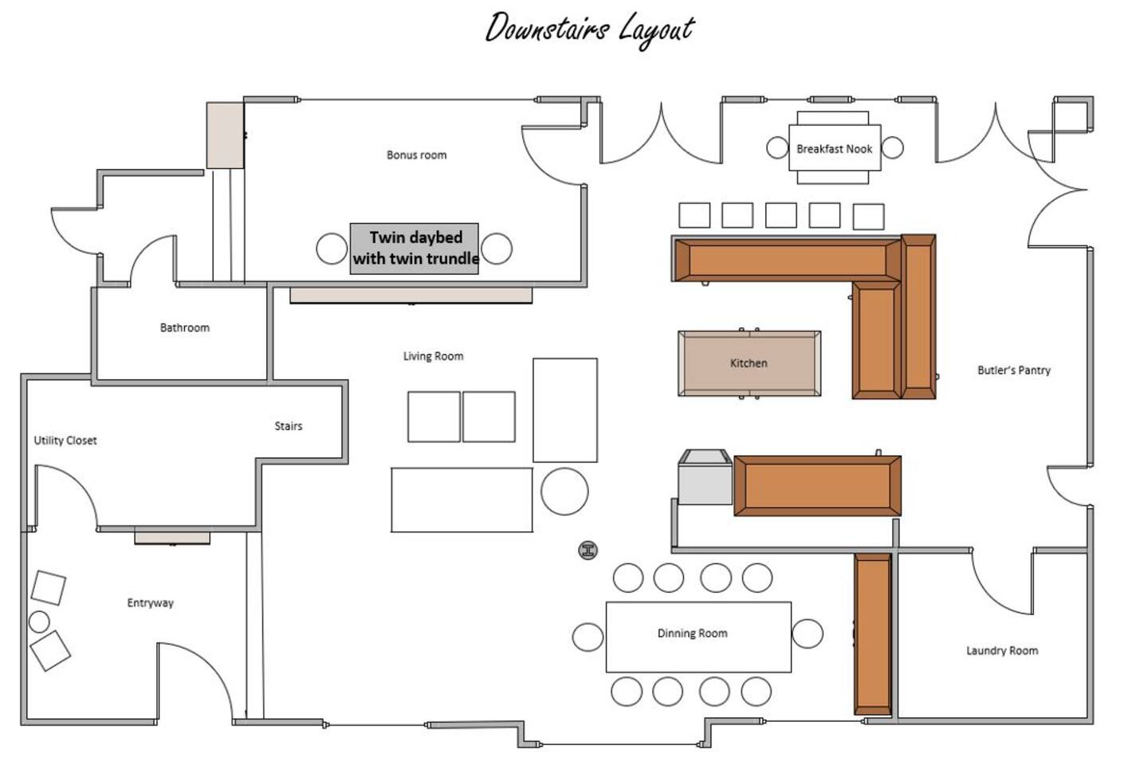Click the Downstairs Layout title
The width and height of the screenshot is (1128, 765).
[590, 29]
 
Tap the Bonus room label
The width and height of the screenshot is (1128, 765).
[416, 155]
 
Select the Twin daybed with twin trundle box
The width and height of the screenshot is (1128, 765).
[415, 249]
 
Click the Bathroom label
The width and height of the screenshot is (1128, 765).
[185, 328]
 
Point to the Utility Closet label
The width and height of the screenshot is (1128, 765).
[65, 441]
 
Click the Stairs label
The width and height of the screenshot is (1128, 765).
[289, 426]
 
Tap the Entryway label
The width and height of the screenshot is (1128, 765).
[150, 603]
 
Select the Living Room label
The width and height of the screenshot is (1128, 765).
[433, 356]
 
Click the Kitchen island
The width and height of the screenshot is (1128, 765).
[749, 363]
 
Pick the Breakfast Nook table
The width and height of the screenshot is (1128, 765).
[835, 148]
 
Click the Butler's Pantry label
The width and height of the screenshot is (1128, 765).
[1014, 371]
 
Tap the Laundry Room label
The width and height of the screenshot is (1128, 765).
[1002, 651]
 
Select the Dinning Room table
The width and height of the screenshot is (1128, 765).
[698, 637]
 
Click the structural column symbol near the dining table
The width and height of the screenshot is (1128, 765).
[588, 550]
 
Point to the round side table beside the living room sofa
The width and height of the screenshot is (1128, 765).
[564, 491]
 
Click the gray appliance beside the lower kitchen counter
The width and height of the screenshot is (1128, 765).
[705, 477]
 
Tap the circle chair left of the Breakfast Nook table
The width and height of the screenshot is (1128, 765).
[777, 148]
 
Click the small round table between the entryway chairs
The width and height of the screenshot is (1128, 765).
[39, 622]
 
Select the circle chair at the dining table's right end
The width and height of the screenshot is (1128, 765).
[808, 634]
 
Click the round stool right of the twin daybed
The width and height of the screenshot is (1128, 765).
[497, 249]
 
